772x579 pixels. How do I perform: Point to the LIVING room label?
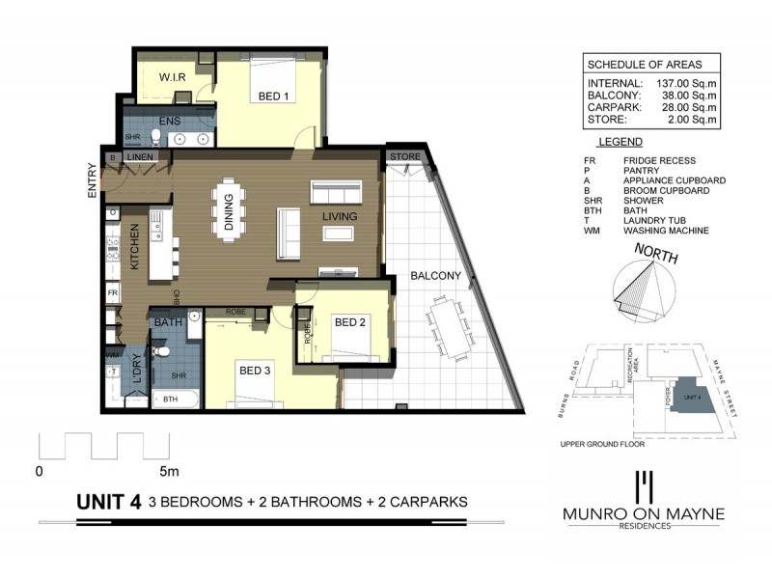[x=340, y=216]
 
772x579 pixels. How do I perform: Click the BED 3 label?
[x=255, y=369]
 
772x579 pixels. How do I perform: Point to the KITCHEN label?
[x=136, y=245]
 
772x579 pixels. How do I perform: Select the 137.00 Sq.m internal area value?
[x=684, y=82]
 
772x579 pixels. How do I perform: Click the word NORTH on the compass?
[x=656, y=257]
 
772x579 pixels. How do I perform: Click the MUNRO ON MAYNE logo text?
[x=643, y=514]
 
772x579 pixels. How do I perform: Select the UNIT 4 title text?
[x=109, y=501]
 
